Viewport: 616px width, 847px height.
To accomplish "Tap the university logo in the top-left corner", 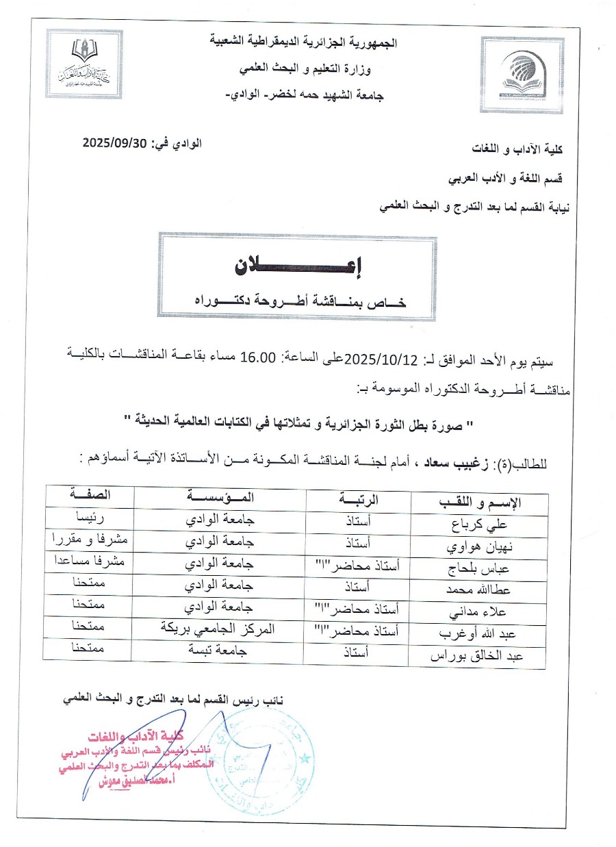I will [84, 64].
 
